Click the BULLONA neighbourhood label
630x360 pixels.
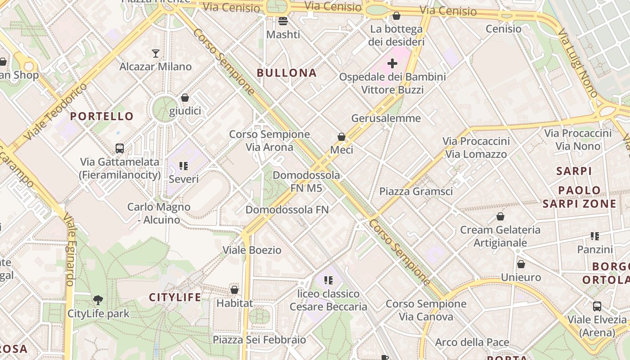pos(287,73)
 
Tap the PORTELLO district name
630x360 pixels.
pos(102,117)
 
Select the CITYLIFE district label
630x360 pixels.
pos(175,297)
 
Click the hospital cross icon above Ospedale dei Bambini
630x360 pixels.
pos(392,63)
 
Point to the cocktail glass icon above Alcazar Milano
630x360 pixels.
pos(156,54)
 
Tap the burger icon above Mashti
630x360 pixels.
pos(283,21)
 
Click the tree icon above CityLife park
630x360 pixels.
pos(98,300)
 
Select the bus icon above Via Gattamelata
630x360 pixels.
pos(120,148)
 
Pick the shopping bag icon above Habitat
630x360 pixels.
pos(234,290)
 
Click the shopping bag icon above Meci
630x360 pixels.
pos(342,136)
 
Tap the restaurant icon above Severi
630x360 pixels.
pos(183,166)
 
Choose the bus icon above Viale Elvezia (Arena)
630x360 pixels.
pos(597,306)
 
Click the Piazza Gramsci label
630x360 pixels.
pos(416,191)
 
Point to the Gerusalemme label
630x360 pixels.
pos(386,118)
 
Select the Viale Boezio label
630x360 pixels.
pos(252,250)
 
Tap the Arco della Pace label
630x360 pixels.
pos(472,342)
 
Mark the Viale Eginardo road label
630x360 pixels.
pos(69,250)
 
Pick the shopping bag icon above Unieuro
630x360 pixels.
pos(521,264)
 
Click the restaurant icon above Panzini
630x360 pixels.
pos(595,236)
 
